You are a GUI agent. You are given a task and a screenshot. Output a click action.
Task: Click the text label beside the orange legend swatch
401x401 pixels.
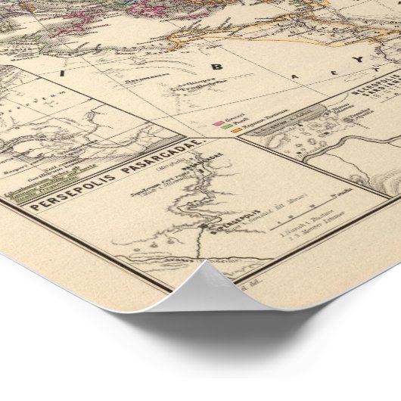[261, 130]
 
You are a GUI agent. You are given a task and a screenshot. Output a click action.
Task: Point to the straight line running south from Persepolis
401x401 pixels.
[199, 246]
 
